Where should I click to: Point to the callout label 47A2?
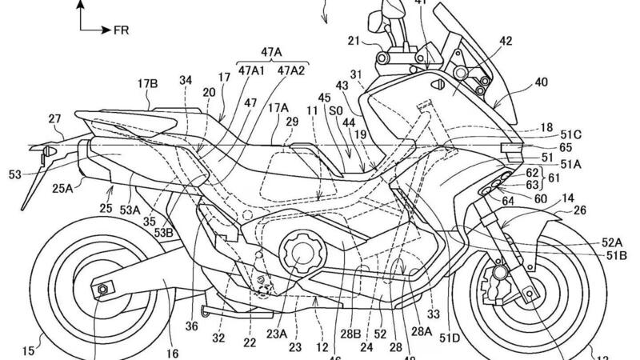(290, 70)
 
